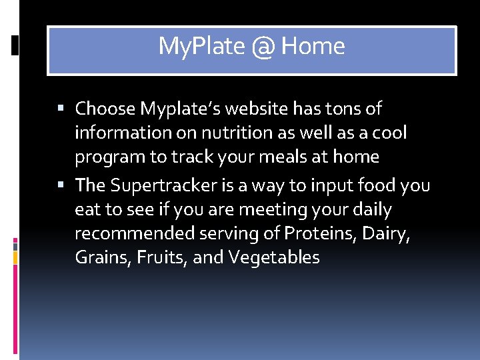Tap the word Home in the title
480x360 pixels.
tap(313, 47)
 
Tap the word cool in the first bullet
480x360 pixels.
tap(390, 133)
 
